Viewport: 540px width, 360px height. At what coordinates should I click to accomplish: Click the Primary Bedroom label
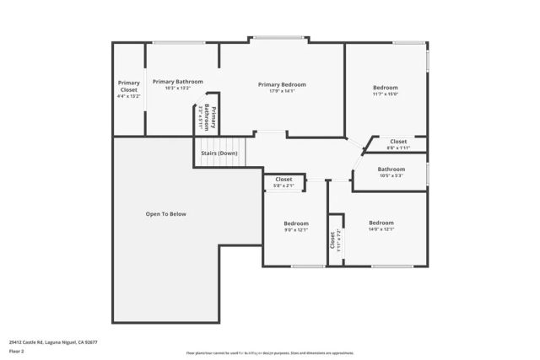coord(282,84)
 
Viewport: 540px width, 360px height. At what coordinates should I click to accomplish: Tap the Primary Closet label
coord(128,85)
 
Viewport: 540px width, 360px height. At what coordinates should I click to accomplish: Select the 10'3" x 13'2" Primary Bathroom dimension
coord(177,88)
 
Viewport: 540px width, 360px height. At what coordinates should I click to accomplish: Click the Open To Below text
coord(165,214)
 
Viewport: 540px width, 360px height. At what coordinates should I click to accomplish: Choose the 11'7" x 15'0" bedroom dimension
coord(385,94)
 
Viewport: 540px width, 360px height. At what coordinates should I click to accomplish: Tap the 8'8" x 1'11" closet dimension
coord(397,148)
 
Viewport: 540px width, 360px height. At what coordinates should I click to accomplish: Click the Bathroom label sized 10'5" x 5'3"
coord(391,169)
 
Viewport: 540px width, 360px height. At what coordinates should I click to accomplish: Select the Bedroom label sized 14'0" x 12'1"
coord(381,223)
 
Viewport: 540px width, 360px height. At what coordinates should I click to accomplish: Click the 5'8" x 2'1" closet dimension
coord(283,185)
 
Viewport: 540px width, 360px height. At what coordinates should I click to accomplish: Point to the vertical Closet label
coord(332,241)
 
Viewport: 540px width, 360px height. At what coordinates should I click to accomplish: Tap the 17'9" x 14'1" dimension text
coord(282,91)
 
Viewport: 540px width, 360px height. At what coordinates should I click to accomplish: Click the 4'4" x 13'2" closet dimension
coord(128,97)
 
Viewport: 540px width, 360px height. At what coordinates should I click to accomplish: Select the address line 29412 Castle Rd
coord(53,342)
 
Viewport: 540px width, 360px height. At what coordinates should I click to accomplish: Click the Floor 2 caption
coord(17,352)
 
